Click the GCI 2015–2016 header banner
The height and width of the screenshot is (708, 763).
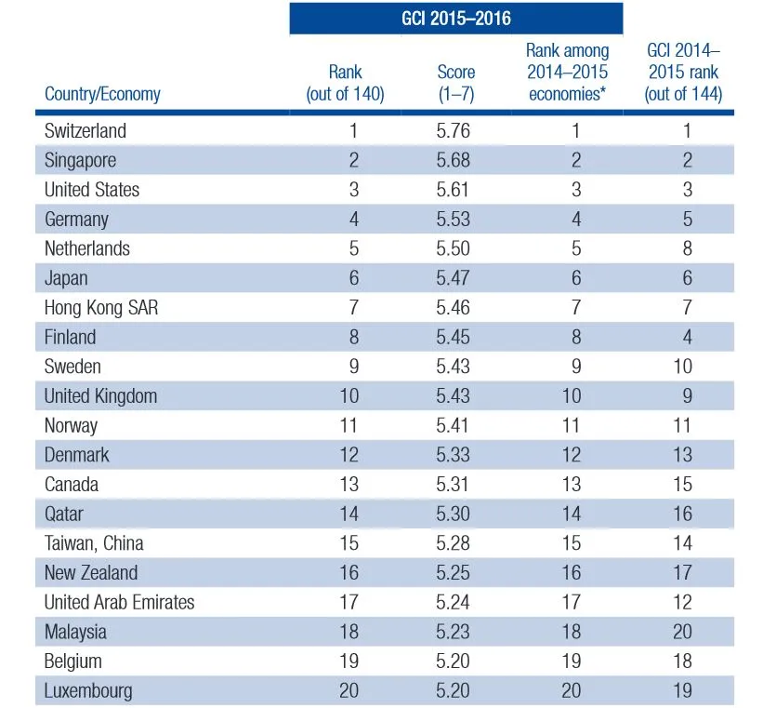click(x=455, y=19)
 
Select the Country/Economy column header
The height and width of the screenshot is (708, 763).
click(x=102, y=94)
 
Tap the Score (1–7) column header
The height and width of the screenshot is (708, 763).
click(x=455, y=83)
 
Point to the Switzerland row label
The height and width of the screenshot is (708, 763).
click(x=86, y=130)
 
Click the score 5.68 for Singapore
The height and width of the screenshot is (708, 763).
click(x=454, y=160)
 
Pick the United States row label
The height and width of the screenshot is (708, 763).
click(x=92, y=190)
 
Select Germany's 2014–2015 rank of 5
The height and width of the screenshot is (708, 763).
click(x=687, y=220)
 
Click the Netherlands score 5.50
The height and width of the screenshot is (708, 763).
click(x=454, y=248)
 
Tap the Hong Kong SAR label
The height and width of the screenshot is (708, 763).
click(x=101, y=307)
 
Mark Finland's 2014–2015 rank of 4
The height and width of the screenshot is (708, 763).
click(x=687, y=337)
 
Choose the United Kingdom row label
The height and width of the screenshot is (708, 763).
click(x=100, y=395)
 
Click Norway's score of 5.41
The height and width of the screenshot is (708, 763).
click(x=454, y=425)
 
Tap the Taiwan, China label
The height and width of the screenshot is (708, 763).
click(x=94, y=543)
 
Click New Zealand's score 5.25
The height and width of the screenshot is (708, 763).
click(x=454, y=573)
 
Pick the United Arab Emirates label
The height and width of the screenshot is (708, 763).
click(x=120, y=602)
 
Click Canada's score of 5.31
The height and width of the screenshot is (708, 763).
click(x=454, y=484)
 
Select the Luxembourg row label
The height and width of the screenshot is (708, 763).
click(x=88, y=690)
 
